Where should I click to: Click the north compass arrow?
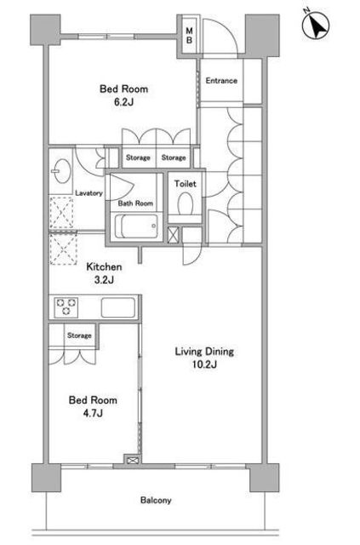pos(317,25)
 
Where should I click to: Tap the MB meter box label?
pos(190,36)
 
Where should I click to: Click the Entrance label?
pos(221,81)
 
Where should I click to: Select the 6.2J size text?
pos(123,102)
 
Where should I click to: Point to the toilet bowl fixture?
pos(186,204)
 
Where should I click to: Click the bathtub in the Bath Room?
pos(136,227)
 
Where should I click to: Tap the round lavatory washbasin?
pos(61,170)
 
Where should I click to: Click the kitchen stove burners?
pos(66,307)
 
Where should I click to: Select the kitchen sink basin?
pos(118,307)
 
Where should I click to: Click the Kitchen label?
pos(104,267)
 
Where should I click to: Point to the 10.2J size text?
pos(204,364)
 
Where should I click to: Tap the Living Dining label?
pos(204,352)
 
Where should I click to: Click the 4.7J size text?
pos(93,413)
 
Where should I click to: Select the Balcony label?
pos(156,501)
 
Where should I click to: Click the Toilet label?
pos(186,184)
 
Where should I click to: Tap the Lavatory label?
pos(89,193)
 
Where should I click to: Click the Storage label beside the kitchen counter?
pos(79,336)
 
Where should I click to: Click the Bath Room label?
pos(135,204)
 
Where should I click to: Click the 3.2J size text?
pos(104,280)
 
